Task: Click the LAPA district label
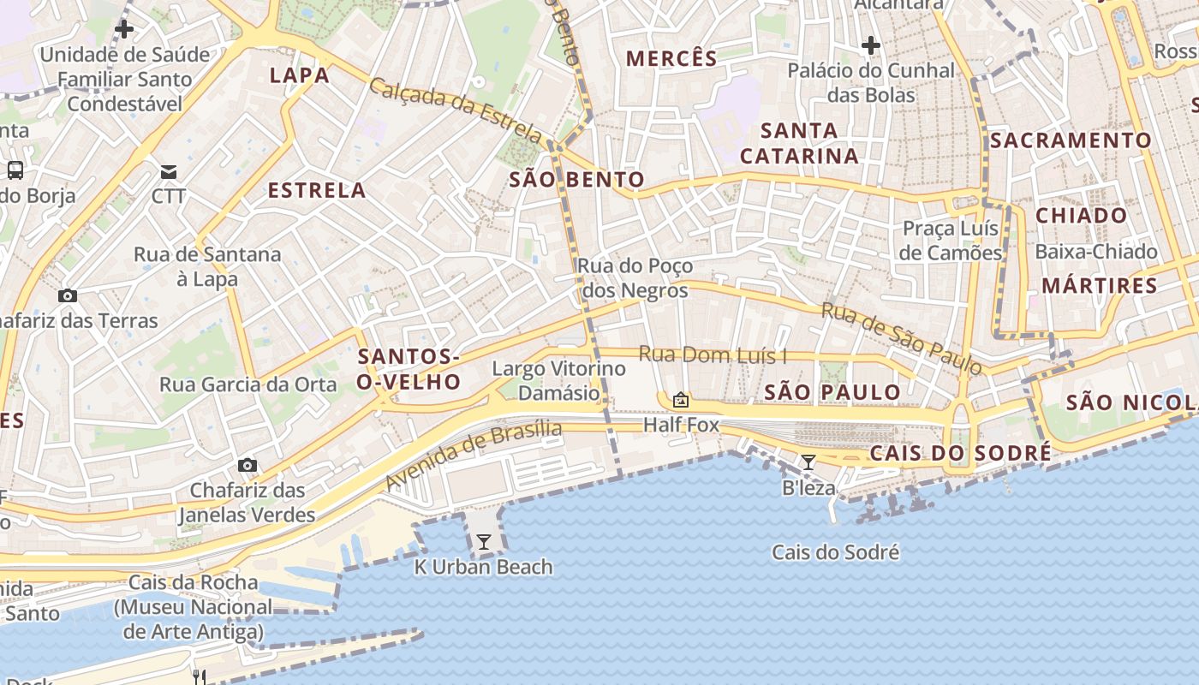click(300, 75)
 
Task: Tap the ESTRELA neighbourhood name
click(317, 190)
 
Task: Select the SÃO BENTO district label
click(576, 180)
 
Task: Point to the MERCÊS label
click(671, 59)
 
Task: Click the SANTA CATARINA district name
click(799, 143)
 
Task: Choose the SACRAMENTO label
click(1071, 140)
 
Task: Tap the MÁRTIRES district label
click(1100, 285)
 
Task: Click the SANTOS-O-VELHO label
click(409, 369)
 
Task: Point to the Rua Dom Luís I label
click(713, 355)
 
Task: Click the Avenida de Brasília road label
click(473, 455)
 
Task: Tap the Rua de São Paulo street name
click(902, 338)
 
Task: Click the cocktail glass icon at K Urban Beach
click(484, 542)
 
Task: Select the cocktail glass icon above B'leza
click(808, 462)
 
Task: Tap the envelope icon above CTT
click(169, 172)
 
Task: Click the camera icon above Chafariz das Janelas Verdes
click(248, 465)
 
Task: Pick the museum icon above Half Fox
click(681, 400)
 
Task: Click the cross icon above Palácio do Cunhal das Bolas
click(871, 45)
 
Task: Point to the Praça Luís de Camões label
click(951, 241)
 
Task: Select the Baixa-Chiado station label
click(1096, 252)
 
